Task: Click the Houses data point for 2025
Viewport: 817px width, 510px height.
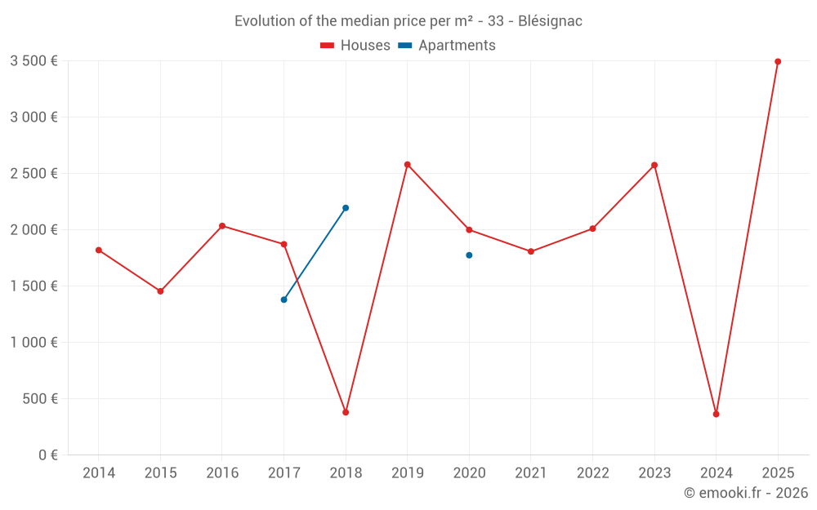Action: tap(778, 61)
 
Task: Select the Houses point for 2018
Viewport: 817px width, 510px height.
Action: tap(346, 412)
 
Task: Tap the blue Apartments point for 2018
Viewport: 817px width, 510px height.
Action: tap(346, 208)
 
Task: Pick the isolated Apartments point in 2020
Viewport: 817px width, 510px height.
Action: tap(469, 255)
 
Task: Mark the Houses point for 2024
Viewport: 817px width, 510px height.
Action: tap(716, 415)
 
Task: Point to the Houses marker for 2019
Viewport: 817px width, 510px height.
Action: tap(407, 165)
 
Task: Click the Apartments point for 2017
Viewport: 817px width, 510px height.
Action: tap(283, 299)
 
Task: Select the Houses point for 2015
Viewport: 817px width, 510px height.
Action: tap(160, 291)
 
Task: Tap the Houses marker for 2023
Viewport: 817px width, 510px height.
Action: tap(654, 165)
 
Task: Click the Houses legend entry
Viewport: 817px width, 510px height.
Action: tap(355, 46)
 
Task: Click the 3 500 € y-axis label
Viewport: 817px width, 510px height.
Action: tap(33, 60)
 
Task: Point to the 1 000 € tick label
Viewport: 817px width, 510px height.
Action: tap(33, 343)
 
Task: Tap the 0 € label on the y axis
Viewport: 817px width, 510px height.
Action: tap(46, 455)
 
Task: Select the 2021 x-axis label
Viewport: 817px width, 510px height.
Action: tap(531, 473)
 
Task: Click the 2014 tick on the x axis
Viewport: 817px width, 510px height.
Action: tap(99, 473)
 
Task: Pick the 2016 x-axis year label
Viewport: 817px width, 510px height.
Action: tap(222, 473)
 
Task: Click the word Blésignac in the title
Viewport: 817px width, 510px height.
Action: tap(550, 21)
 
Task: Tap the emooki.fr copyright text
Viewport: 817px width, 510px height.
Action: tap(746, 493)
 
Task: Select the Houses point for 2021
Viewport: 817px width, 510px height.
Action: tap(531, 251)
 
